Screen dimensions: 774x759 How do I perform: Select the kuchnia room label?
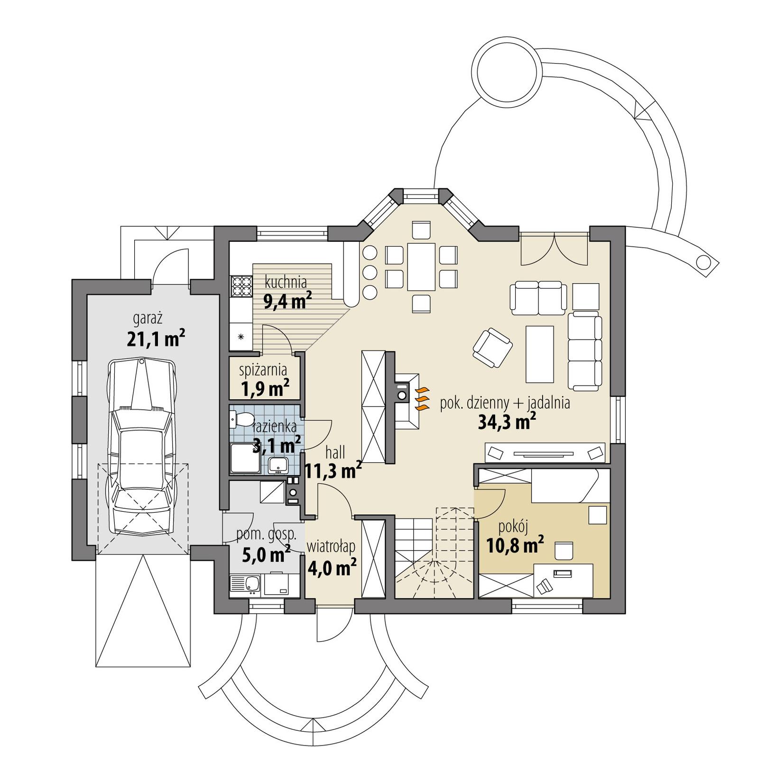coord(286,282)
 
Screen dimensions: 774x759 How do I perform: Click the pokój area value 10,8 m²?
coord(515,544)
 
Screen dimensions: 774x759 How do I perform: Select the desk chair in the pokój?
coord(564,551)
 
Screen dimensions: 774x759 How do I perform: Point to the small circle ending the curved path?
coord(704,261)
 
